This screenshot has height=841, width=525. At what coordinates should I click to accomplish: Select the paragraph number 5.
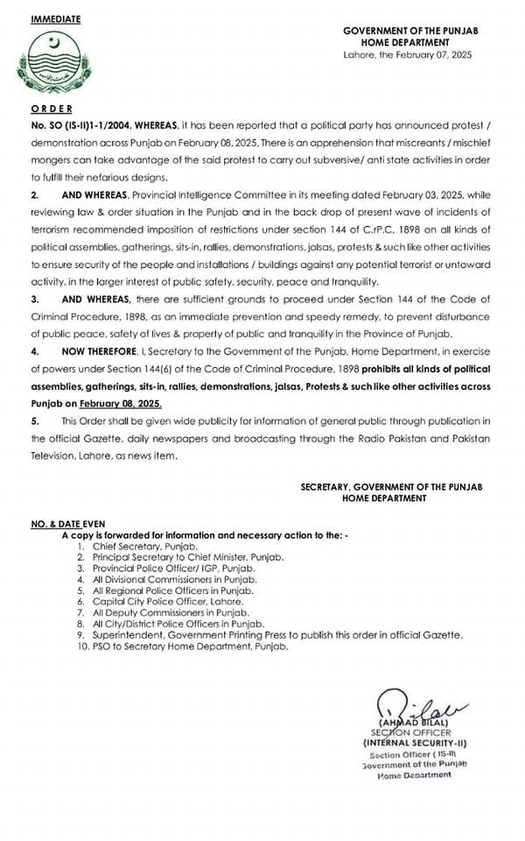pyautogui.click(x=34, y=425)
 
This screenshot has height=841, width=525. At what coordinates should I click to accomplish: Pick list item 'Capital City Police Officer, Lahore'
pyautogui.click(x=168, y=602)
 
